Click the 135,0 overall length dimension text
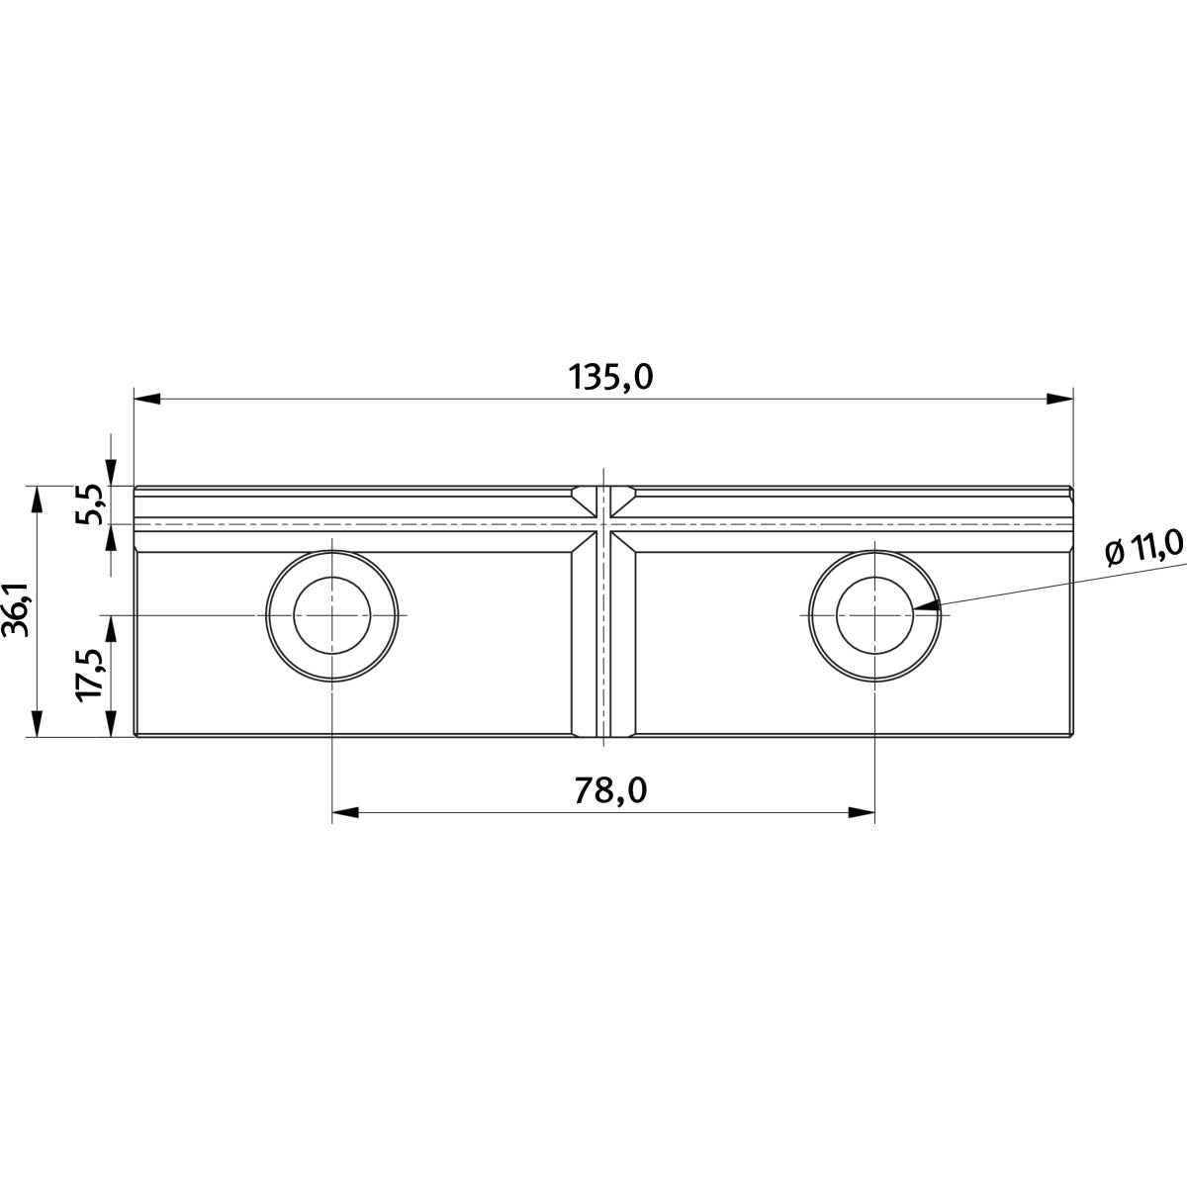pyautogui.click(x=610, y=377)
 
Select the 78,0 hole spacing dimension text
pyautogui.click(x=610, y=791)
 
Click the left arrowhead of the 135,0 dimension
pyautogui.click(x=147, y=400)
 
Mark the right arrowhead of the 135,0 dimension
pyautogui.click(x=1059, y=400)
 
